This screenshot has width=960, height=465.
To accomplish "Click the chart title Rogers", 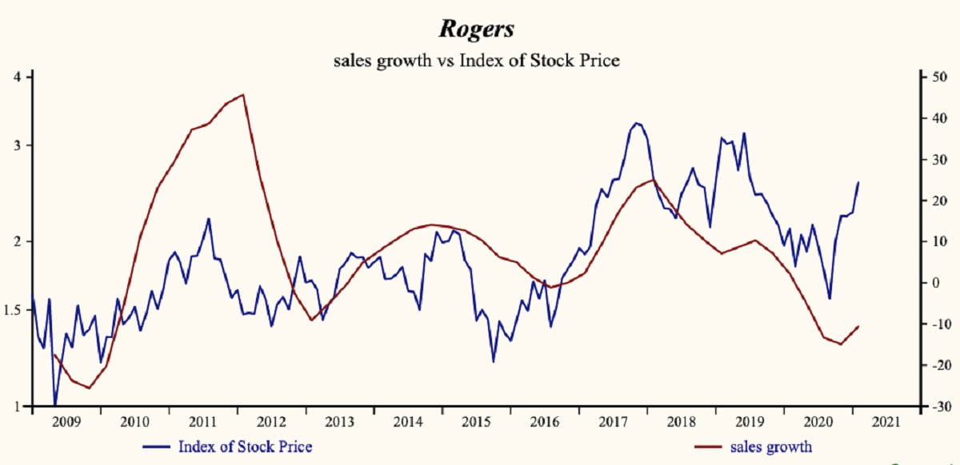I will tap(477, 29).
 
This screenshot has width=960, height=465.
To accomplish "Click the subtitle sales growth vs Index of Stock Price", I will tap(477, 60).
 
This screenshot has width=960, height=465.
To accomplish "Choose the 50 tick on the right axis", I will tap(934, 77).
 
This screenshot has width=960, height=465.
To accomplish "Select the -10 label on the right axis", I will tap(933, 324).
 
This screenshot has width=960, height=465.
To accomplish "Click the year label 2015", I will tap(476, 421).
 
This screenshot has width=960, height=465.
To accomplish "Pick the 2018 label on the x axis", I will tap(681, 421).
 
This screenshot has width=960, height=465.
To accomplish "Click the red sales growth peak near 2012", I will tap(243, 94).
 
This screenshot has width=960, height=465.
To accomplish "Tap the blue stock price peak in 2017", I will tap(637, 123).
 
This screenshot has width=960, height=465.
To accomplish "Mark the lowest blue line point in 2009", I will tap(55, 405).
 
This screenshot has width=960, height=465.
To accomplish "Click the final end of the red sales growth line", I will tap(858, 326).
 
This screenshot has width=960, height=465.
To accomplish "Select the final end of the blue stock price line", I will tap(858, 182).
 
